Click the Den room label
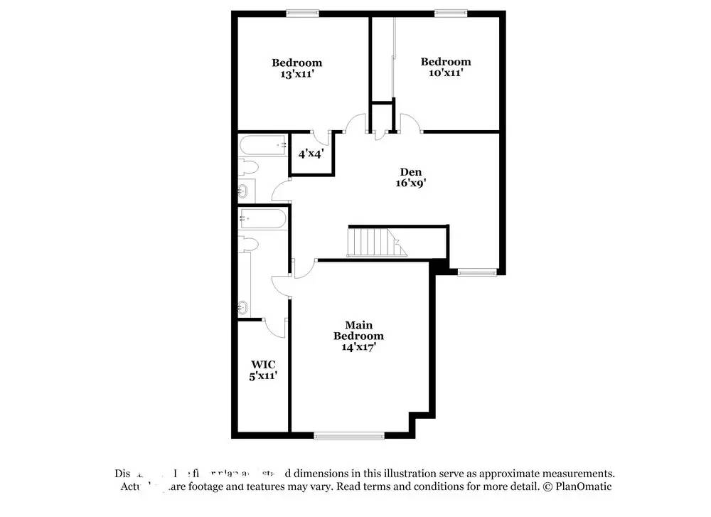click(411, 171)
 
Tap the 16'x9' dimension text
click(411, 182)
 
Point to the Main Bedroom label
click(359, 330)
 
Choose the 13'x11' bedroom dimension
click(296, 73)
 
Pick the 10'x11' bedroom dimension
click(446, 72)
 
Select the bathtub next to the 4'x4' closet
click(262, 146)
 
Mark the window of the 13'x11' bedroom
click(302, 12)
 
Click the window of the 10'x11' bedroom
click(451, 12)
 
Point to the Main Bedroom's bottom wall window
click(348, 435)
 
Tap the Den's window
click(477, 272)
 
